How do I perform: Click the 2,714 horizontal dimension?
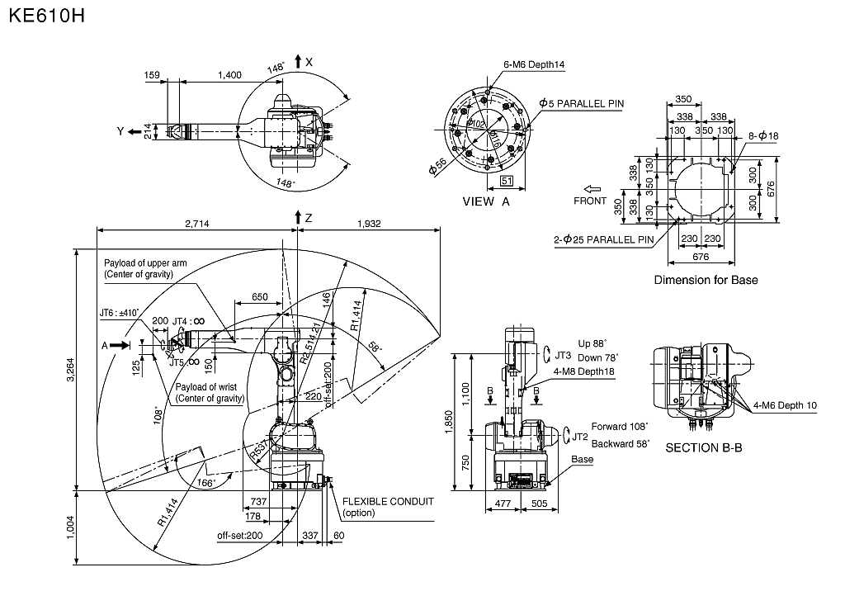pyautogui.click(x=196, y=223)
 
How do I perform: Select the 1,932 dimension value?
pyautogui.click(x=368, y=223)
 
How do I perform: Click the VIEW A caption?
pyautogui.click(x=487, y=201)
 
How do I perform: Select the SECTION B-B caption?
pyautogui.click(x=704, y=448)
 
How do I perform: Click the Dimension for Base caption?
pyautogui.click(x=706, y=280)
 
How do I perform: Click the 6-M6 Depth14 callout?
pyautogui.click(x=534, y=64)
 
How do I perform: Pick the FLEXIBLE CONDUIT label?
pyautogui.click(x=387, y=501)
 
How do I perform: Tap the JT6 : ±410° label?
pyautogui.click(x=119, y=313)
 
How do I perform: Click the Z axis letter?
pyautogui.click(x=309, y=218)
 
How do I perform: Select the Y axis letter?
pyautogui.click(x=120, y=131)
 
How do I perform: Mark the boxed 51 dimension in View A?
pyautogui.click(x=507, y=180)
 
